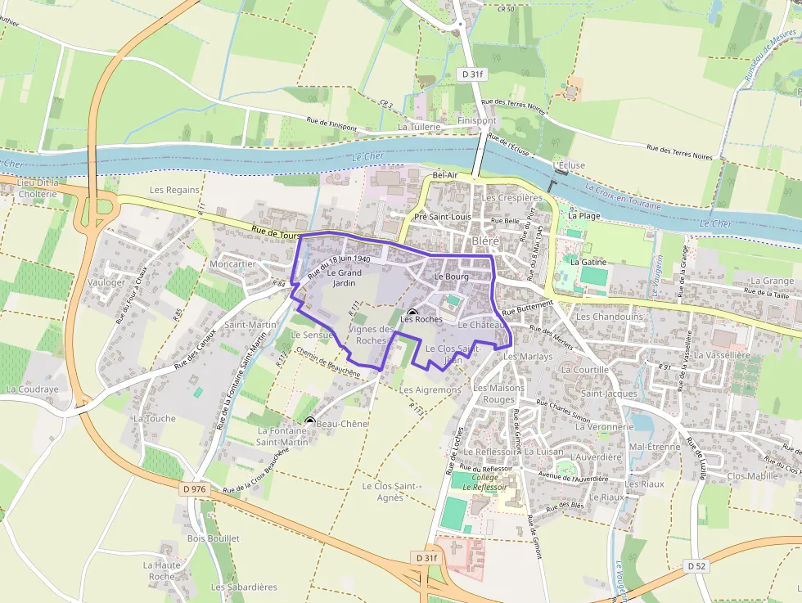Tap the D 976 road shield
193,488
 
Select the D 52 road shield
696,565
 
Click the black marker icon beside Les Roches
412,313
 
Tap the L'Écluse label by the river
569,165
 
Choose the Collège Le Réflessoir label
484,482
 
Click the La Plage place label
584,216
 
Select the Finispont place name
476,120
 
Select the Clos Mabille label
752,475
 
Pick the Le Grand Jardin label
344,278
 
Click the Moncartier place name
232,264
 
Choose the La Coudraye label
33,389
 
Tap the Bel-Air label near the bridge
445,175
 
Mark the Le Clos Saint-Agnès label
391,492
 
